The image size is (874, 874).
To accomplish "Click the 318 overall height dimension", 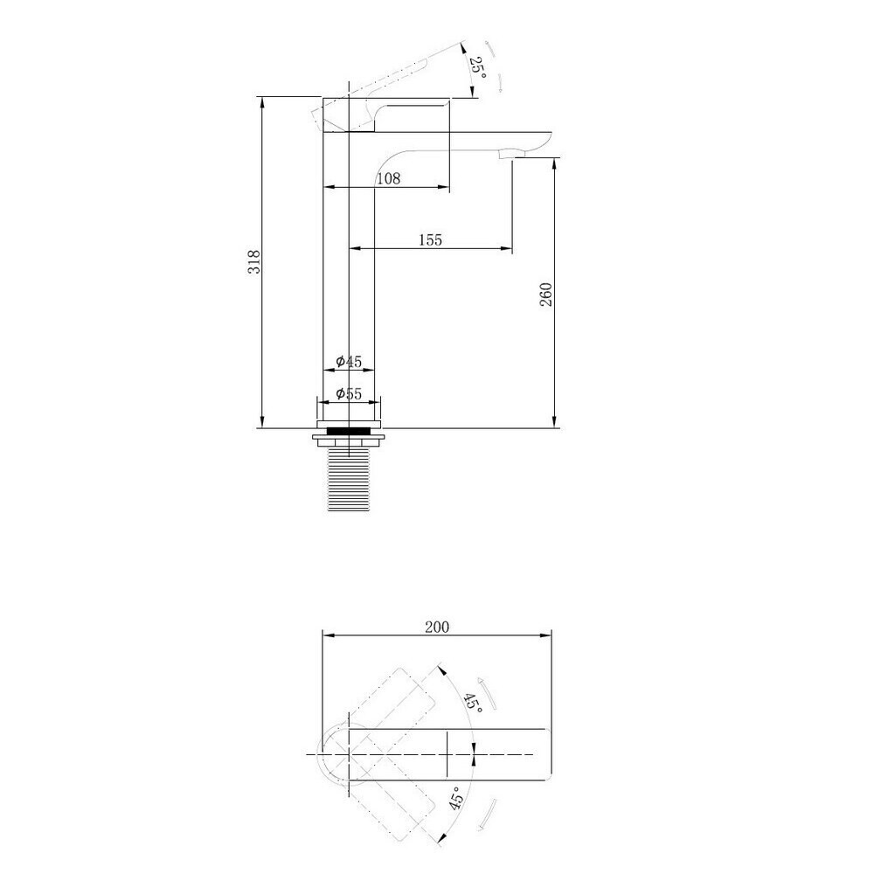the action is pyautogui.click(x=254, y=261).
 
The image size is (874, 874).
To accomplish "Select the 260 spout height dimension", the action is pyautogui.click(x=545, y=295).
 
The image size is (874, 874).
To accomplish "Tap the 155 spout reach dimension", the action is pyautogui.click(x=430, y=239).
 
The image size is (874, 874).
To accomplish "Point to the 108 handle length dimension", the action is pyautogui.click(x=389, y=178).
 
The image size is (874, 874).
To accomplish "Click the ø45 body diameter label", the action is pyautogui.click(x=349, y=362).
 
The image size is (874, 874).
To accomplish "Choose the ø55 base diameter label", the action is pyautogui.click(x=349, y=394).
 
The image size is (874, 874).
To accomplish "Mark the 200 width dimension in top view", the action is pyautogui.click(x=437, y=627).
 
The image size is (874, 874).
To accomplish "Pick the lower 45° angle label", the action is pyautogui.click(x=456, y=799).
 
